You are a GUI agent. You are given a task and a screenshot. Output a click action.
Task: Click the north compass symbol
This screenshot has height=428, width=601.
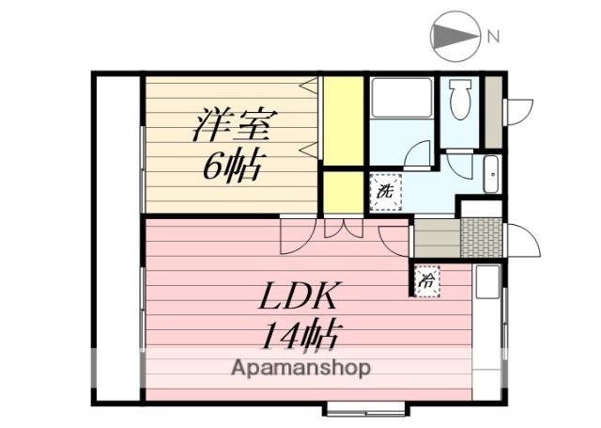[455, 37]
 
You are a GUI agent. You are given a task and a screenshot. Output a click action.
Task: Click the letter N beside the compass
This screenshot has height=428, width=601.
[492, 38]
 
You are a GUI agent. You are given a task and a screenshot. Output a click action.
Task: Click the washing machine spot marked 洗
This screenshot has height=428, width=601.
[384, 190]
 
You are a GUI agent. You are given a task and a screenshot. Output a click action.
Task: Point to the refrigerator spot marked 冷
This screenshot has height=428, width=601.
[425, 279]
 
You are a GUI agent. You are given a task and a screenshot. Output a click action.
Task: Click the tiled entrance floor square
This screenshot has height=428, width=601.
[481, 238]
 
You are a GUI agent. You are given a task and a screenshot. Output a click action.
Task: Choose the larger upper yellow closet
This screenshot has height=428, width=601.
[344, 119]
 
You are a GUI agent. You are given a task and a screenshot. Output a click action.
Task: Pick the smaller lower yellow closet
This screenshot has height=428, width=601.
[344, 190]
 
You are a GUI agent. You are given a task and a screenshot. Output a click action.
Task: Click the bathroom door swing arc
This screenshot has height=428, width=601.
[419, 153]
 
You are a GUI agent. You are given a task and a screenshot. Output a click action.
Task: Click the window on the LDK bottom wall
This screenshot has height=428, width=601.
[366, 408]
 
